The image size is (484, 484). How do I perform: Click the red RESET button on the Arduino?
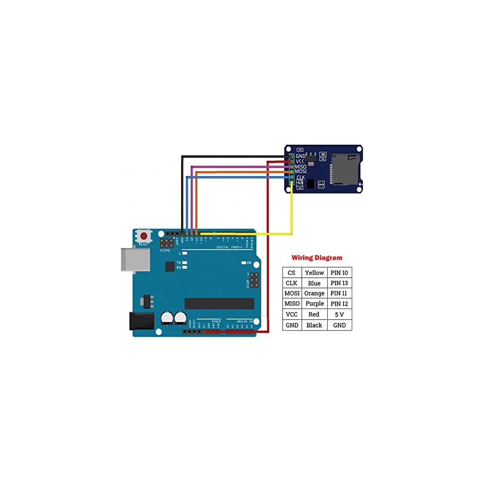pyautogui.click(x=144, y=236)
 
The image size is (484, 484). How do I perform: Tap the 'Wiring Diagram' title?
pyautogui.click(x=317, y=258)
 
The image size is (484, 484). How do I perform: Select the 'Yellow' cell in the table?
pyautogui.click(x=314, y=272)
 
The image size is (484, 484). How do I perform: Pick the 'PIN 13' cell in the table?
pyautogui.click(x=339, y=283)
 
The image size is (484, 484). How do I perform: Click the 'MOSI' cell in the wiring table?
pyautogui.click(x=292, y=293)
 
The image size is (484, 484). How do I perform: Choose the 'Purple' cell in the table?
pyautogui.click(x=314, y=304)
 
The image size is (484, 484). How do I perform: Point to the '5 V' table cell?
pyautogui.click(x=339, y=315)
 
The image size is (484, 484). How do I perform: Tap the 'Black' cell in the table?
pyautogui.click(x=314, y=325)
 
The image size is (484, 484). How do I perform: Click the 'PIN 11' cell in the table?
pyautogui.click(x=339, y=293)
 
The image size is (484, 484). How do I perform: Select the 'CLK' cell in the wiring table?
pyautogui.click(x=291, y=283)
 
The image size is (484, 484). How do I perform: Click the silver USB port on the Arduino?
pyautogui.click(x=134, y=259)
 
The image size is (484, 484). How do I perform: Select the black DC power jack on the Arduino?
pyautogui.click(x=141, y=321)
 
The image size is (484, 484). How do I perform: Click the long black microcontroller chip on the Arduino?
pyautogui.click(x=219, y=303)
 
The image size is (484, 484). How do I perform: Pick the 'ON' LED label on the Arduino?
pyautogui.click(x=249, y=263)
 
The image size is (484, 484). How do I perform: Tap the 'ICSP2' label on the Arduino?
pyautogui.click(x=165, y=251)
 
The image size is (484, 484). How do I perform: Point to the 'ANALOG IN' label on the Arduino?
pyautogui.click(x=244, y=321)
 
